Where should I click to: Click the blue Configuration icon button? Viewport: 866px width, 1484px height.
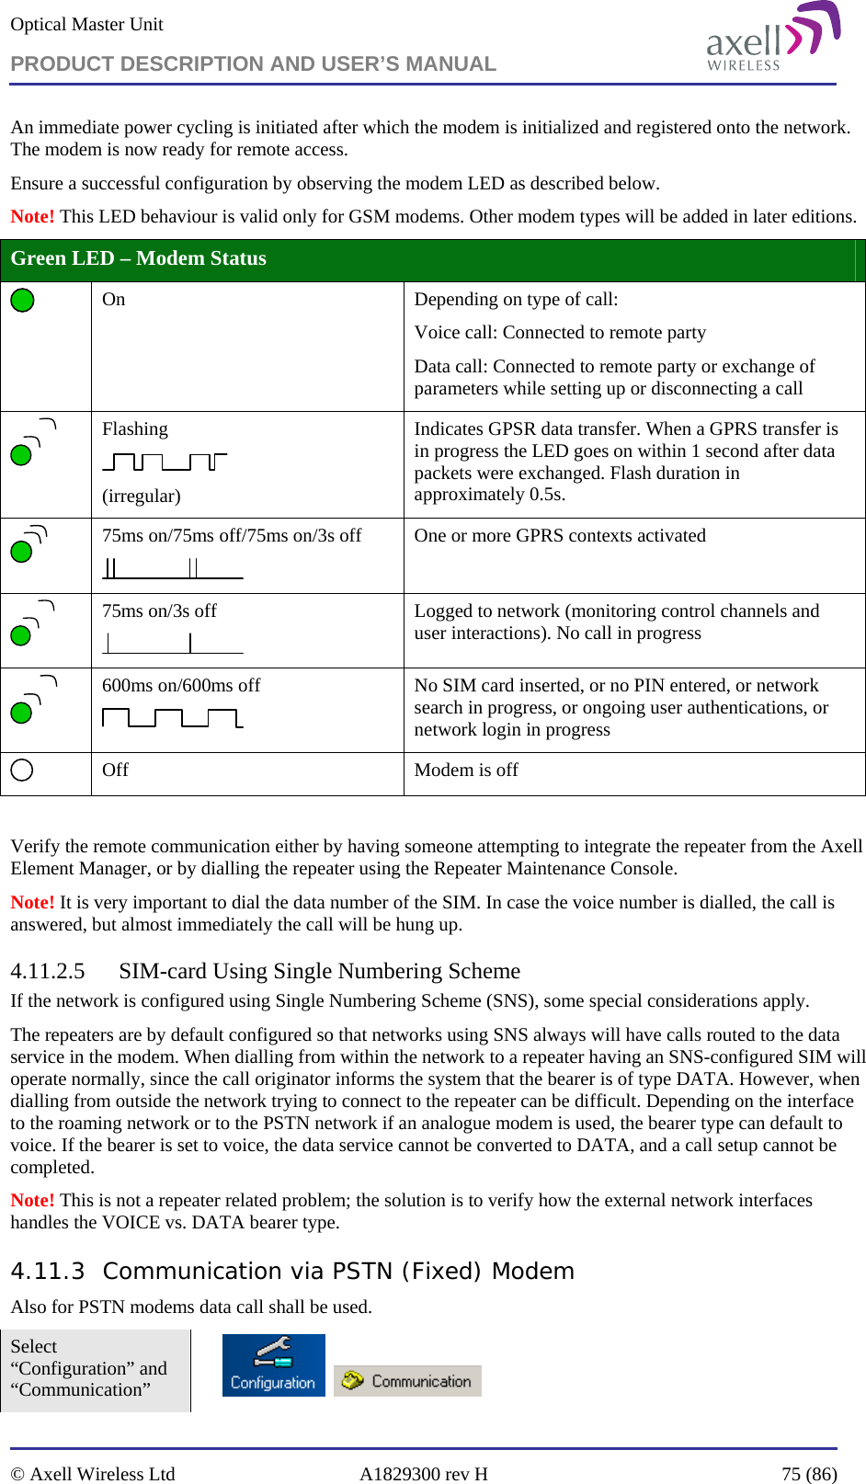273,1364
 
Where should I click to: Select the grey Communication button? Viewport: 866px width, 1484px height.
407,1380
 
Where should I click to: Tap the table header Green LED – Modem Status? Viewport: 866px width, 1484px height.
138,258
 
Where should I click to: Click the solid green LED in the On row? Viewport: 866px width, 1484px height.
22,301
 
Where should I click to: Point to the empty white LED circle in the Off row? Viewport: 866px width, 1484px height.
22,770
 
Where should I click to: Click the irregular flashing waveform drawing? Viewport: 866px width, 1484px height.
165,462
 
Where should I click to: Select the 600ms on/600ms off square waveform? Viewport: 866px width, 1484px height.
172,717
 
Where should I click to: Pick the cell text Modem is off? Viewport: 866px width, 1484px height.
466,770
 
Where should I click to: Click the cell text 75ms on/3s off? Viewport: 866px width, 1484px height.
159,611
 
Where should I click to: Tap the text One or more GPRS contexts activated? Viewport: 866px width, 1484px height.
559,535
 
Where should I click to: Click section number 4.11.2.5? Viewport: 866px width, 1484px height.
47,971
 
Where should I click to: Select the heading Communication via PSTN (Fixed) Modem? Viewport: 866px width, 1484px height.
338,1271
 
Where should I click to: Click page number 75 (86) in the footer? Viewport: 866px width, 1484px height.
809,1474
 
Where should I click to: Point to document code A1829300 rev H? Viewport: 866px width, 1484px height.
423,1474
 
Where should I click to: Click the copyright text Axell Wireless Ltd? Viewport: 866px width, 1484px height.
101,1474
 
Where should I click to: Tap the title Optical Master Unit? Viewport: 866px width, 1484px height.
86,24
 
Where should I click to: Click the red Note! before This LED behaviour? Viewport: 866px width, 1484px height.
32,216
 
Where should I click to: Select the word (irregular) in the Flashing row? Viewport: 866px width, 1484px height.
141,496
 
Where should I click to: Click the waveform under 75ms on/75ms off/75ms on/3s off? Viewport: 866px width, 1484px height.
172,568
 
